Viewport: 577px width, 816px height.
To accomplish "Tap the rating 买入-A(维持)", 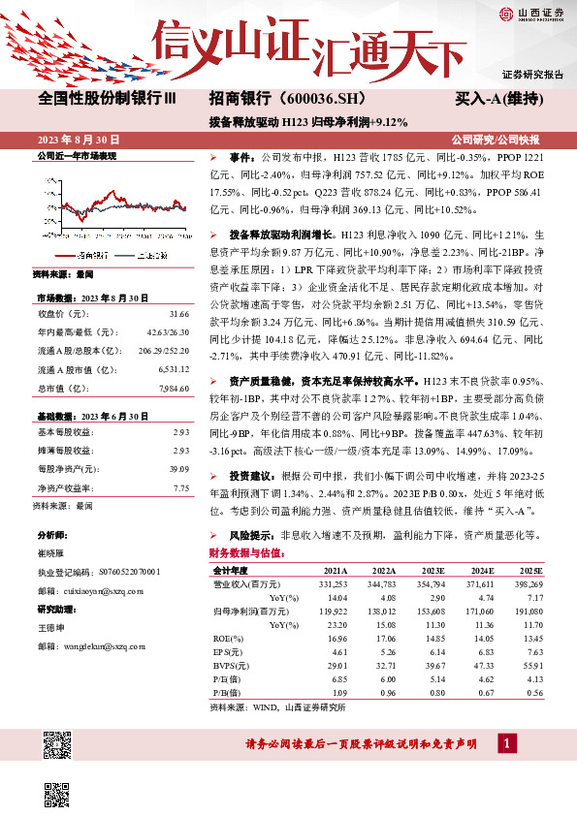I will pos(497,100).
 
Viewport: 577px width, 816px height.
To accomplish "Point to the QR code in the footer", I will pos(58,747).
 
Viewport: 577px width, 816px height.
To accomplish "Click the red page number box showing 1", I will pos(506,743).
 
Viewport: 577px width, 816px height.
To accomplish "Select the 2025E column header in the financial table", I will pos(529,572).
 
